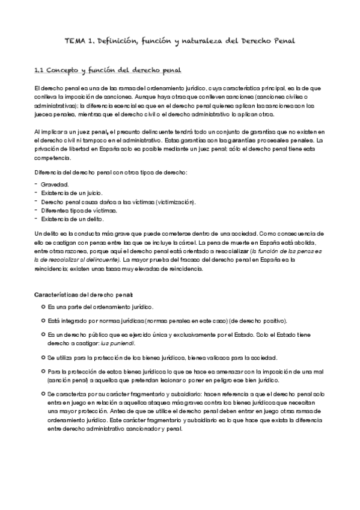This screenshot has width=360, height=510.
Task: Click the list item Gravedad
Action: click(x=55, y=184)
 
